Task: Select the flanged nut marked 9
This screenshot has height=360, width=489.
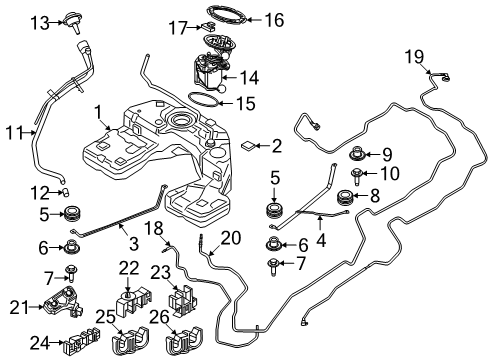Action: [357, 155]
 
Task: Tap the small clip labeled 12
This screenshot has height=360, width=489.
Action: [64, 191]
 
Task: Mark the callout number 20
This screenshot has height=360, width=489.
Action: [231, 237]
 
